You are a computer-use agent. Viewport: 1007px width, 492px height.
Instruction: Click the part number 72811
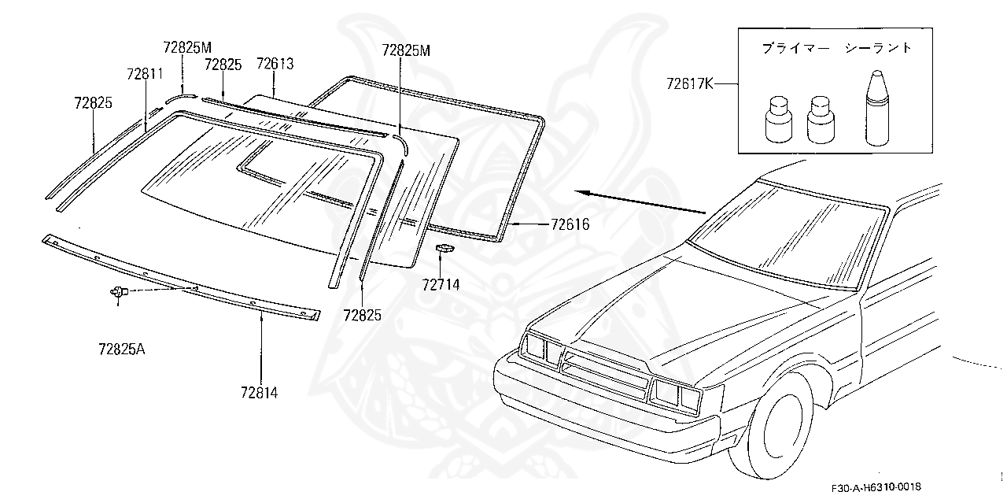[145, 74]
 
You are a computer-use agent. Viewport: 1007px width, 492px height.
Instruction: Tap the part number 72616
[570, 225]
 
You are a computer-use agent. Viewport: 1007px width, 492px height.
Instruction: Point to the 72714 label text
[441, 284]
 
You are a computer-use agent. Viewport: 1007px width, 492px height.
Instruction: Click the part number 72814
[259, 390]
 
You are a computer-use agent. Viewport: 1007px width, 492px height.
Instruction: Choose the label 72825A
[122, 348]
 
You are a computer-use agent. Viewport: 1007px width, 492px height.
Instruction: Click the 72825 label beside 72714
[362, 315]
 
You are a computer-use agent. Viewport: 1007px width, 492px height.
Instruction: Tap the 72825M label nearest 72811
[188, 47]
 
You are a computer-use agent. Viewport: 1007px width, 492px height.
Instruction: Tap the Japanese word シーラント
[878, 48]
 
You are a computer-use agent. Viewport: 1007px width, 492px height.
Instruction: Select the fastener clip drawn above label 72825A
[118, 292]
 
